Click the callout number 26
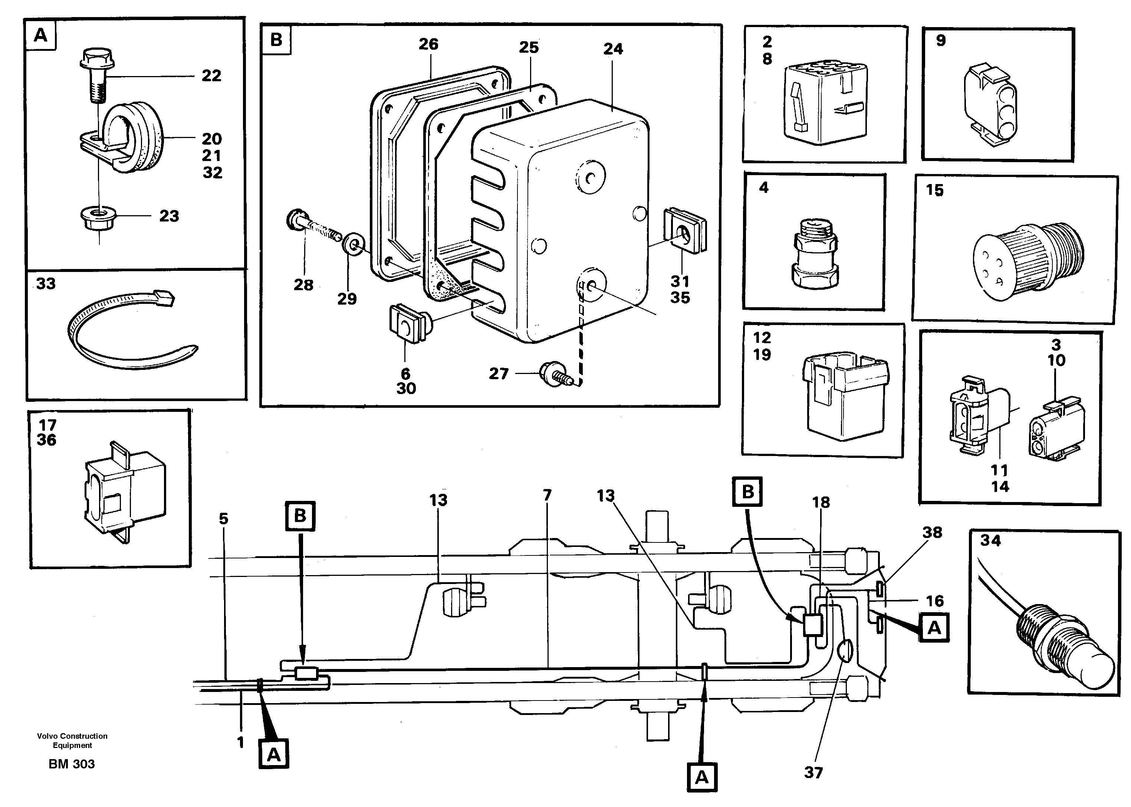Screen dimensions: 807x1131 (x=428, y=44)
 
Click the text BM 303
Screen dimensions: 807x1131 (x=72, y=764)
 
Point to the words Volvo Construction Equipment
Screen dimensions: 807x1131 (x=72, y=741)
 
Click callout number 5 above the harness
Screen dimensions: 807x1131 (x=224, y=519)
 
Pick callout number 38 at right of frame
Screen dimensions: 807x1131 (x=932, y=532)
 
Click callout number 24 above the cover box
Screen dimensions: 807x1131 (x=613, y=49)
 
